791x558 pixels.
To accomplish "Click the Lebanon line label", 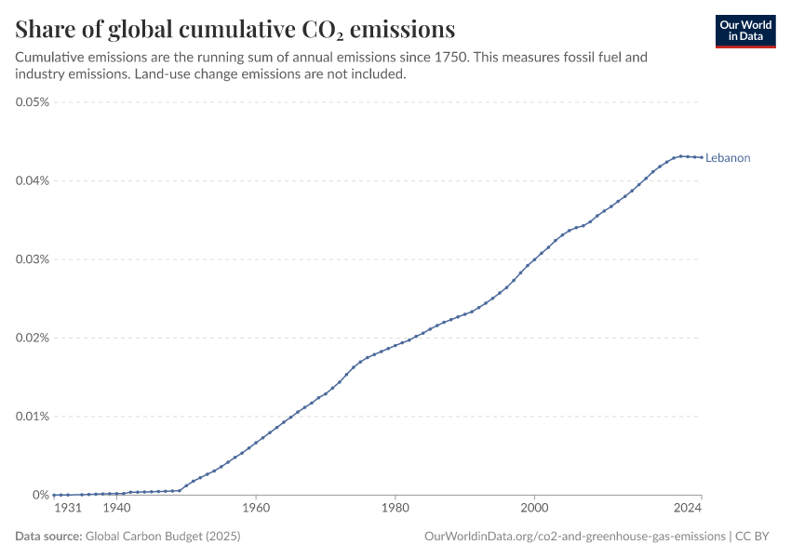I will point(728,158).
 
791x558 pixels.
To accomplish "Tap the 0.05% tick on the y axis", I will point(33,101).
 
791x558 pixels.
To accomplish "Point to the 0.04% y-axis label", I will point(33,180).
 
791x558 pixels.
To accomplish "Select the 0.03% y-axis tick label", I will point(33,259).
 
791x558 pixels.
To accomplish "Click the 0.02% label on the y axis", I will point(33,338).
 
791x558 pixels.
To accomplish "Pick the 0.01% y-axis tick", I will point(33,416).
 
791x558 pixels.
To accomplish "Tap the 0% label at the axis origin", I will point(41,495).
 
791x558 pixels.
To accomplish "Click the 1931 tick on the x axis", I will point(68,509).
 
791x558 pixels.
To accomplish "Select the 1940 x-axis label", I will point(116,509).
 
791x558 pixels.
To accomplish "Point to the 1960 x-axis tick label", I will point(256,509).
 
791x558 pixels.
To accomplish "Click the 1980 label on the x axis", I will point(395,509).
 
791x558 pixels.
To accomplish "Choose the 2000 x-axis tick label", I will point(534,509).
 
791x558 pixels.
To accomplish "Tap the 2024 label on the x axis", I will point(688,509).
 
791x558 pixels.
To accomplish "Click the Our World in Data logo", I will point(745,31).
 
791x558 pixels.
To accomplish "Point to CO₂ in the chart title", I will point(325,28).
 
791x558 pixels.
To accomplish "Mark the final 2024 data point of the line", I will point(702,157).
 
